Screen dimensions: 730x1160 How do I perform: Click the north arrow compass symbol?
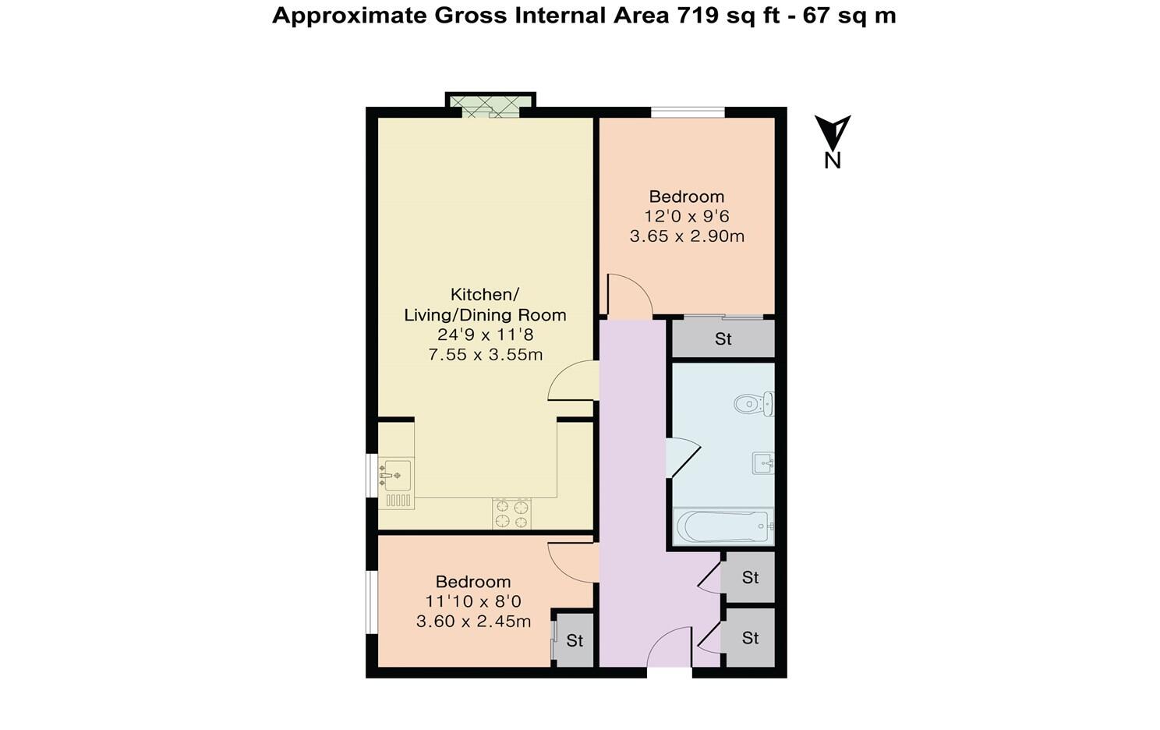click(x=833, y=133)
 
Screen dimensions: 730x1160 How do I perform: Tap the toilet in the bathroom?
click(x=753, y=403)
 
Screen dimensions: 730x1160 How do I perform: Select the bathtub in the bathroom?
click(x=723, y=527)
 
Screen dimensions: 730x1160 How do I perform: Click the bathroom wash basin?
click(x=763, y=463)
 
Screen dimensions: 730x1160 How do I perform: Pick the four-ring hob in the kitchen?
click(x=511, y=514)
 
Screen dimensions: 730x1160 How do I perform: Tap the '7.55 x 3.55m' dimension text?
click(x=485, y=355)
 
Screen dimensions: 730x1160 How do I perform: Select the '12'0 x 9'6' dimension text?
click(x=686, y=216)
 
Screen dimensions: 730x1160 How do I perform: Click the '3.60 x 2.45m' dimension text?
click(x=473, y=622)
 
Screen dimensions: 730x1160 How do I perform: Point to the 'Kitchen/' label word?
click(x=484, y=295)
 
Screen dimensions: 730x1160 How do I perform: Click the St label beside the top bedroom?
click(x=723, y=339)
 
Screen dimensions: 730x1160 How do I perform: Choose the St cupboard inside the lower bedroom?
click(x=575, y=640)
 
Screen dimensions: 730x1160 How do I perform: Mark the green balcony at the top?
click(x=490, y=105)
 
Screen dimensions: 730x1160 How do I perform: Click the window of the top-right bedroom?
click(x=688, y=112)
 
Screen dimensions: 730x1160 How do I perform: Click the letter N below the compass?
click(x=833, y=161)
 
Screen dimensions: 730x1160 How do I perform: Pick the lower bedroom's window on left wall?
click(x=372, y=601)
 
